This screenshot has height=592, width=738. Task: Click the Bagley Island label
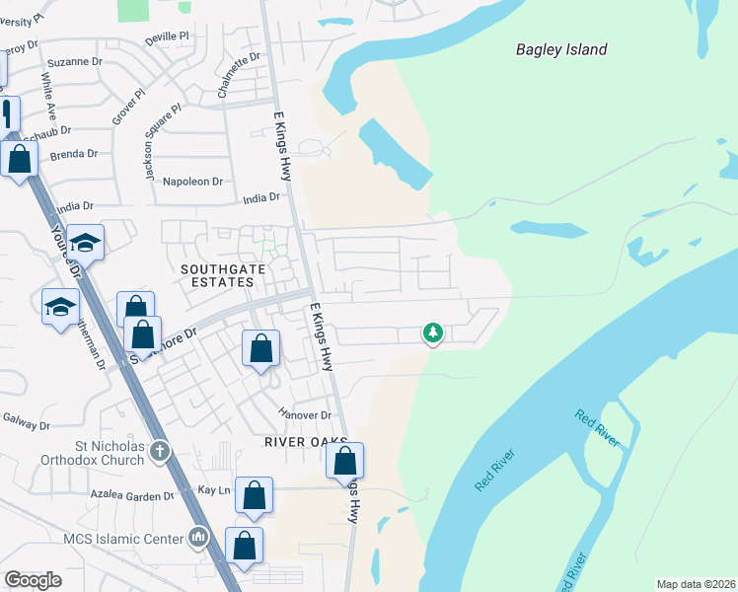pos(561,49)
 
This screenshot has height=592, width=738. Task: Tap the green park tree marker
pos(432,333)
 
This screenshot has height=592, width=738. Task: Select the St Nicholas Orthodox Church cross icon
pos(161,451)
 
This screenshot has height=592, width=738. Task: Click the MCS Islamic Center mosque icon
pos(198,538)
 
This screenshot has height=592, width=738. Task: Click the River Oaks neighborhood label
pos(303,442)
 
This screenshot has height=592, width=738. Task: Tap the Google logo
pos(34,580)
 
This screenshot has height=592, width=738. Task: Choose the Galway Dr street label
pos(26,424)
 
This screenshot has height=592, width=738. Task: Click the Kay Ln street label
pos(214,489)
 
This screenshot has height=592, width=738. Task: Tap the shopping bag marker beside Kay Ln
pos(254,496)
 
